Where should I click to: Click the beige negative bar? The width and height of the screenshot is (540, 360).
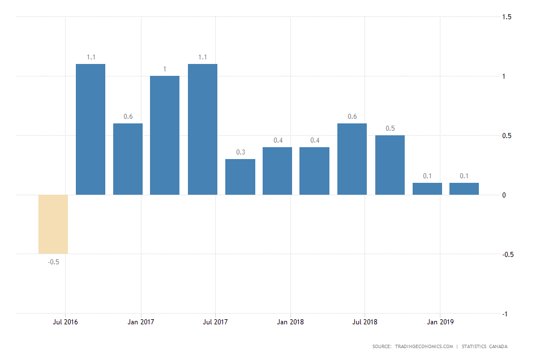[53, 224]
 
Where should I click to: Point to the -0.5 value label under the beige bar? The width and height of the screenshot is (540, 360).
[53, 262]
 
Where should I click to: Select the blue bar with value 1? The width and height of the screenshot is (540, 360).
[165, 135]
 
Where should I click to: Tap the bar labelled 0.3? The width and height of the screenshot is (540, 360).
[240, 177]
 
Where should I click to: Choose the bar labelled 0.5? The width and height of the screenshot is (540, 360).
[390, 165]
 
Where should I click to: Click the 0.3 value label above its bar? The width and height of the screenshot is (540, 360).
[241, 152]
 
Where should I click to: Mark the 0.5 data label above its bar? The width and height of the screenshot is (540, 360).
[390, 128]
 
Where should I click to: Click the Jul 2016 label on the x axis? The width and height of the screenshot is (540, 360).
[66, 322]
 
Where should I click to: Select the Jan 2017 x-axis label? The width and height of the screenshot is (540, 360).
[140, 322]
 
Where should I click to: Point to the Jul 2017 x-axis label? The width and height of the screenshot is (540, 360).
[215, 322]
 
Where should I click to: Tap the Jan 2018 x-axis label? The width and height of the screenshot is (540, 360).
[290, 322]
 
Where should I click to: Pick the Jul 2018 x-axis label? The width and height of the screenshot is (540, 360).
[365, 322]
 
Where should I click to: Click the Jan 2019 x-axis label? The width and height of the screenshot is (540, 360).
[440, 322]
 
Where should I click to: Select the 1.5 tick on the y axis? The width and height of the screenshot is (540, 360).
[507, 17]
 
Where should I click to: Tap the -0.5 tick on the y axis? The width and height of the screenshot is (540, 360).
[507, 255]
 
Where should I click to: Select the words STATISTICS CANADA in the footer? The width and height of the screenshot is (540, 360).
[485, 346]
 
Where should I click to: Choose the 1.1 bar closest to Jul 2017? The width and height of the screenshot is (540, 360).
[203, 129]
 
